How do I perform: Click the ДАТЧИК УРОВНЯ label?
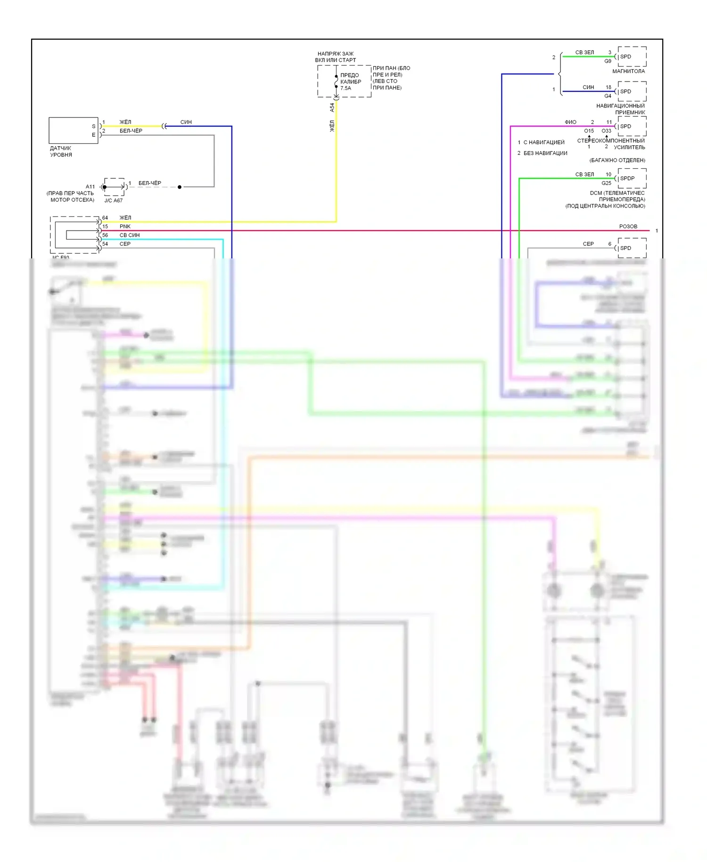click(x=61, y=151)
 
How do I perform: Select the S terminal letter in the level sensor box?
click(x=93, y=126)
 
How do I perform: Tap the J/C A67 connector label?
click(x=113, y=200)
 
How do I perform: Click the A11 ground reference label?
click(x=90, y=187)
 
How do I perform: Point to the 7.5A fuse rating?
click(x=345, y=88)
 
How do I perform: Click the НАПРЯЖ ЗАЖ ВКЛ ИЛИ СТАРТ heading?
click(x=336, y=57)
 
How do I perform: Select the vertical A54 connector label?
click(x=332, y=108)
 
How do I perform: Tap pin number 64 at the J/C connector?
click(x=105, y=218)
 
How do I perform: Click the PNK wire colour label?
click(x=125, y=226)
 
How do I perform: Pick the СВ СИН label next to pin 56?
click(x=130, y=235)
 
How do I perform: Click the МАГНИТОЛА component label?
click(x=628, y=71)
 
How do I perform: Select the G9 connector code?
click(x=608, y=61)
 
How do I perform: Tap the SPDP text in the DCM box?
click(x=627, y=178)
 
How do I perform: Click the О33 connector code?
click(x=606, y=131)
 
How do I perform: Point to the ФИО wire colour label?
click(x=570, y=122)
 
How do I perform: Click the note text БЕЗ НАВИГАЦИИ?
click(x=545, y=153)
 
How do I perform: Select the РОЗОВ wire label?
click(x=628, y=226)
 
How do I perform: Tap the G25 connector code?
click(x=606, y=183)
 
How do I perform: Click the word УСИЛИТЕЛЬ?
click(x=629, y=147)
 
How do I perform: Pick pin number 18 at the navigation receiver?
click(x=608, y=87)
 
